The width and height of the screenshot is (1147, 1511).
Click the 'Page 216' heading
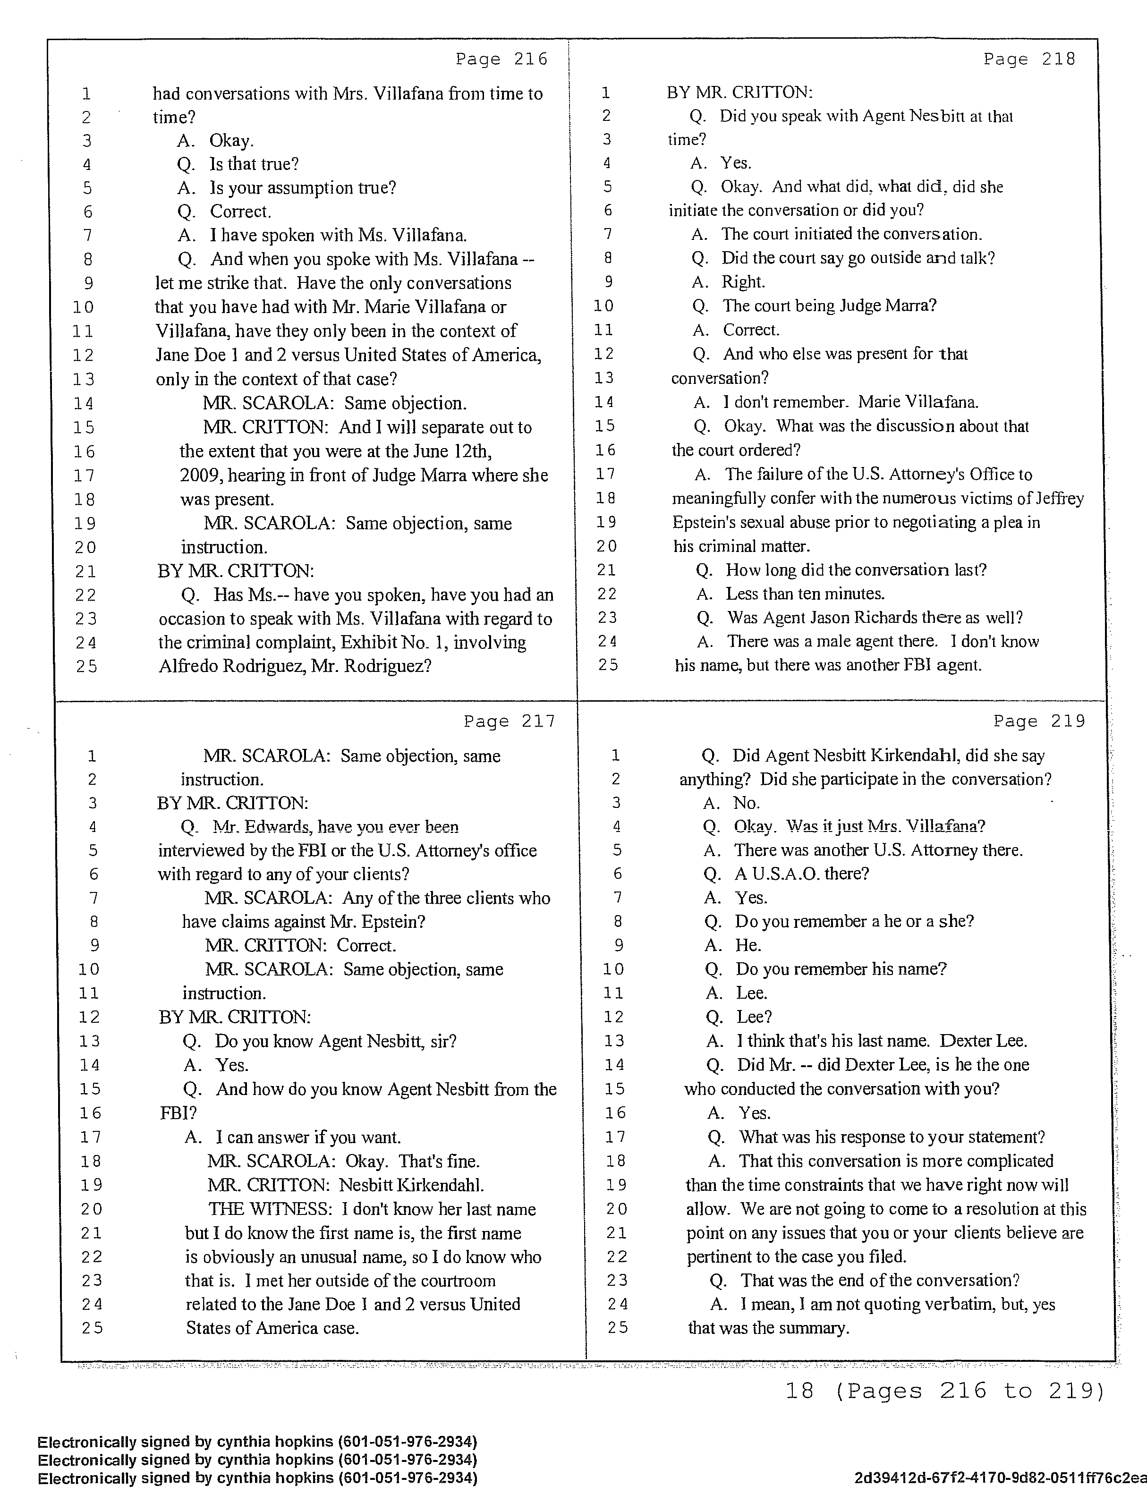tap(501, 59)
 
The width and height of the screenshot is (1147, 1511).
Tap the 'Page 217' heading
tap(509, 722)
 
